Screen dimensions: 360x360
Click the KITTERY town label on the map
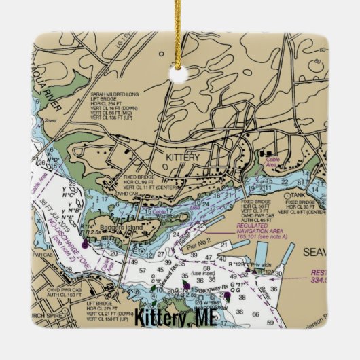tap(183, 157)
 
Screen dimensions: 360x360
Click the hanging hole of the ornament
tap(180, 75)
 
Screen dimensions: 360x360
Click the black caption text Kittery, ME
tap(180, 317)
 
